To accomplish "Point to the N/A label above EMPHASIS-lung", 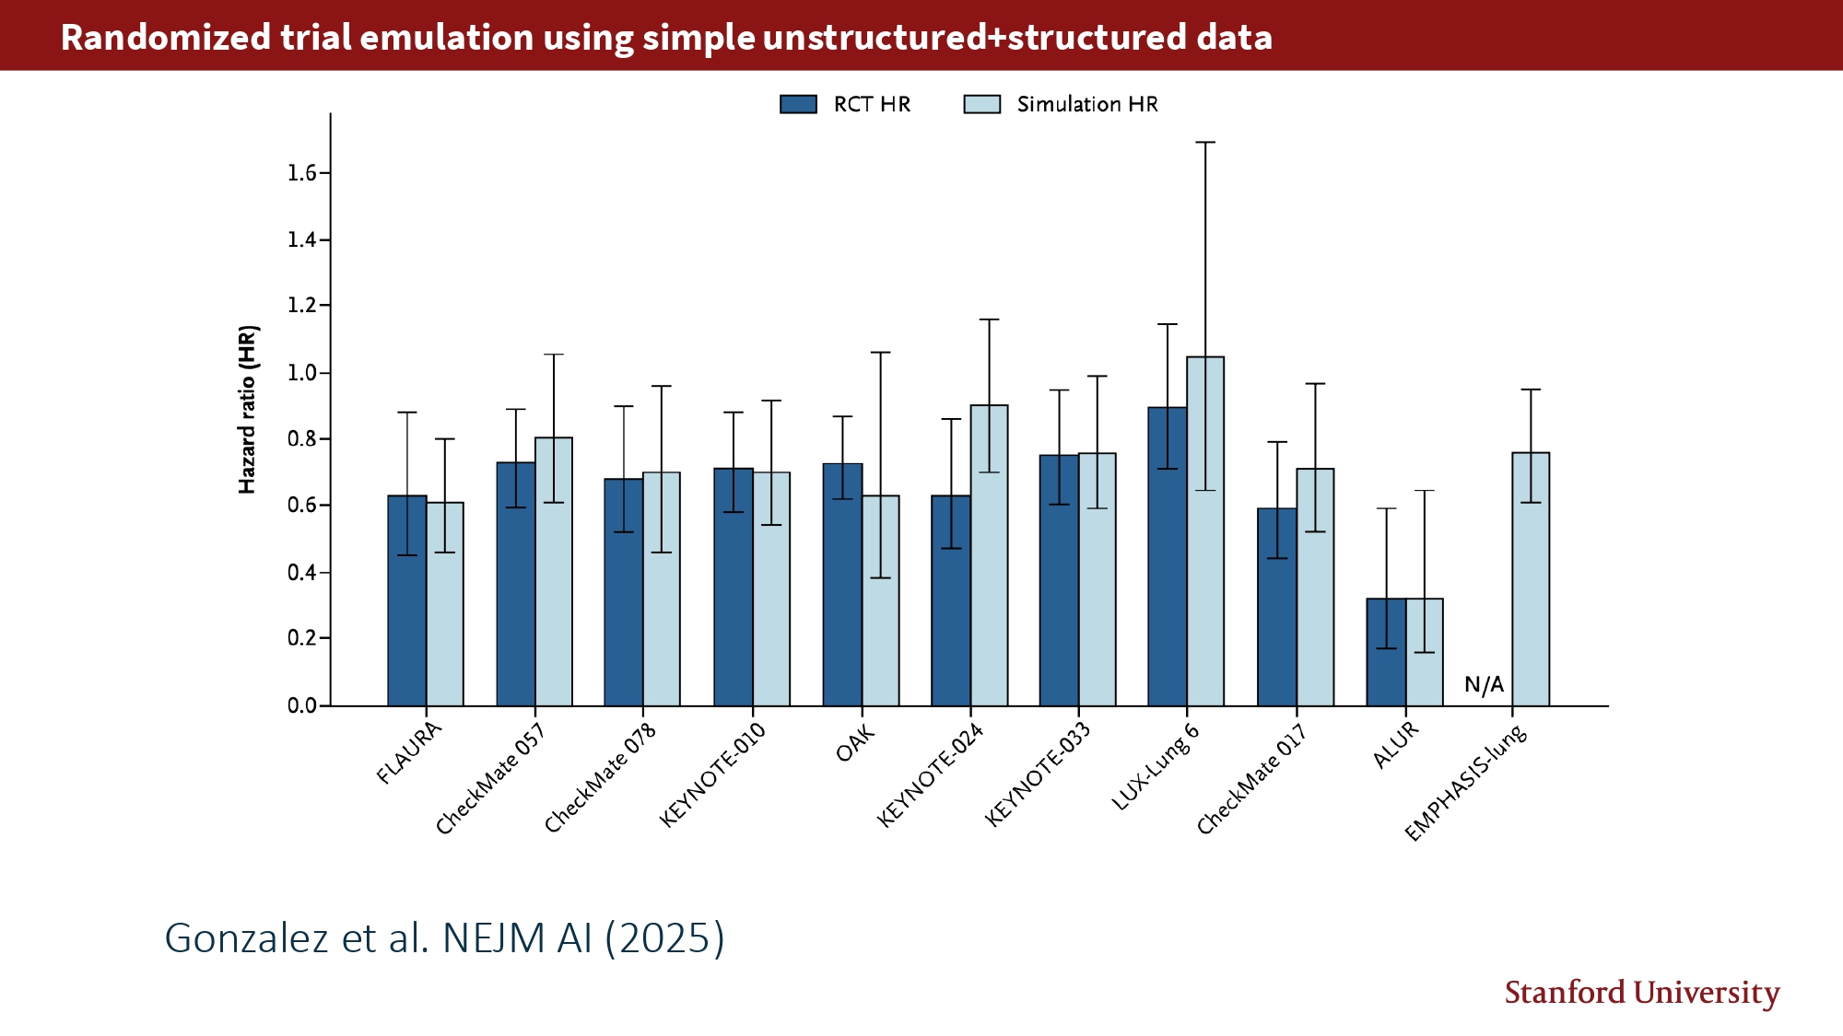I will click(x=1484, y=684).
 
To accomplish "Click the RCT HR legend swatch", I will click(x=798, y=104).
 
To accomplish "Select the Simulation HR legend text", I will click(x=1087, y=104).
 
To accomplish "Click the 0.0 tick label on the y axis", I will click(x=301, y=705).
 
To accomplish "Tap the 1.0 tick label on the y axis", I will click(x=301, y=373).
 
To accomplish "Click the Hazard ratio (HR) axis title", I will click(x=247, y=410).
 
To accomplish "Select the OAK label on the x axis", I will click(x=855, y=744).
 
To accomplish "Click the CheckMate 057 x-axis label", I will click(x=490, y=779).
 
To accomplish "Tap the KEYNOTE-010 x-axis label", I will click(x=712, y=775).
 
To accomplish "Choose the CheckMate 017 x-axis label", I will click(x=1251, y=779).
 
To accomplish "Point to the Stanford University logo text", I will click(x=1641, y=993).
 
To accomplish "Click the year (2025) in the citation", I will click(x=664, y=938).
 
